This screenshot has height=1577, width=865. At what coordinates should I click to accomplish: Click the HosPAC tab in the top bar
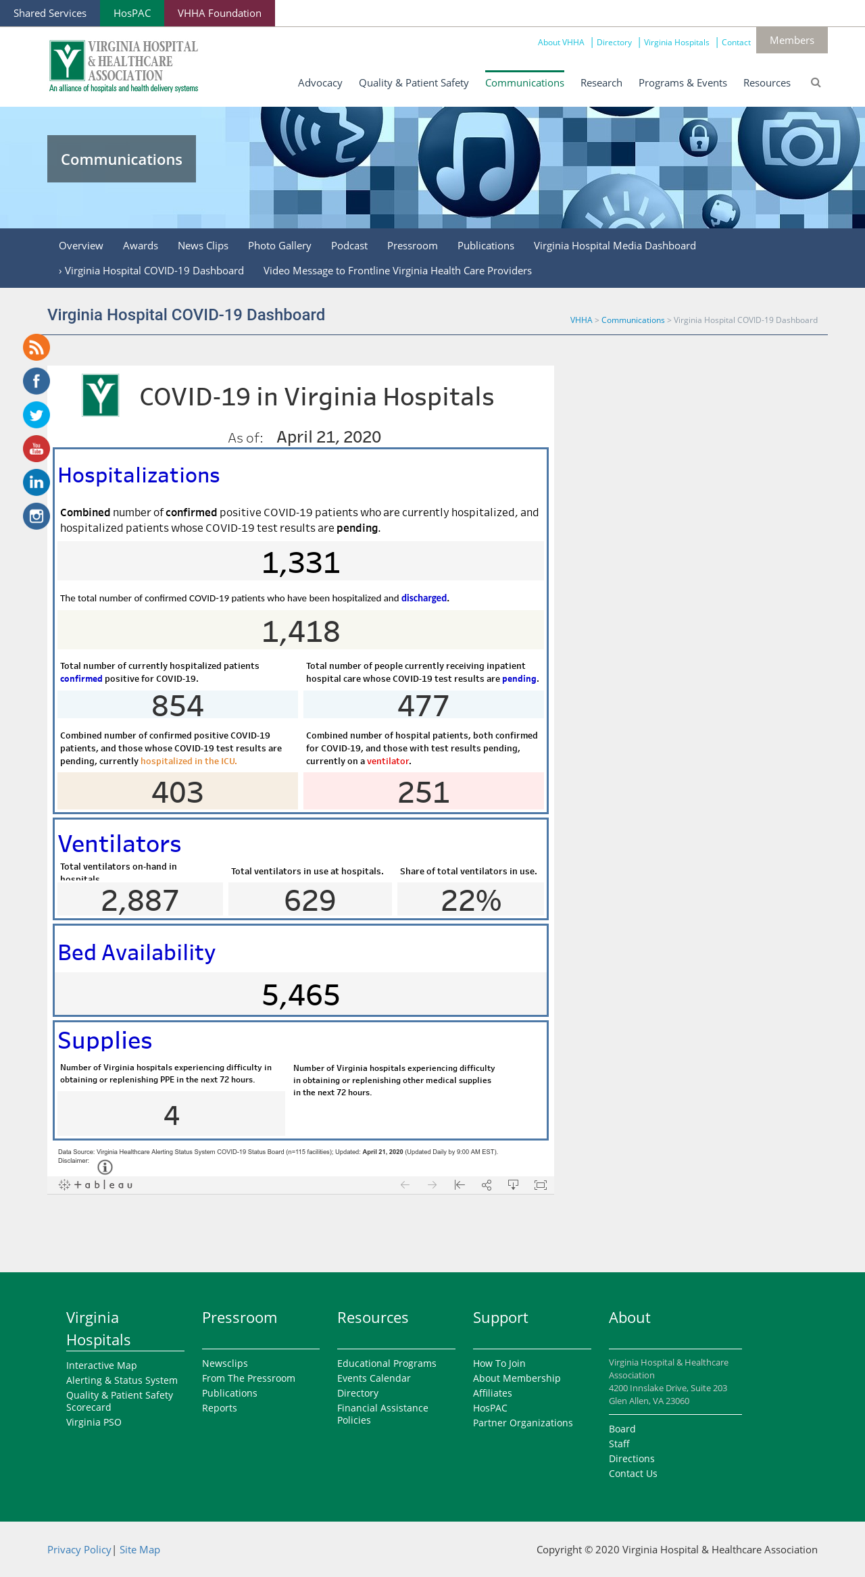pyautogui.click(x=132, y=14)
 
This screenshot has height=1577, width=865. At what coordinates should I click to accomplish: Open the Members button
pyautogui.click(x=791, y=41)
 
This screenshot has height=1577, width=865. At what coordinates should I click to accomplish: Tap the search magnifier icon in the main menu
pyautogui.click(x=816, y=82)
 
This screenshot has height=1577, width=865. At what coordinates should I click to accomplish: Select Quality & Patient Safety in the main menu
pyautogui.click(x=414, y=82)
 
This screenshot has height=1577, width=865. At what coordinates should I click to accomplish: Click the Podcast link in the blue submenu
pyautogui.click(x=349, y=246)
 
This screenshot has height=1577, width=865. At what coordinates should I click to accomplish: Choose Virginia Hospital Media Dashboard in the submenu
pyautogui.click(x=615, y=246)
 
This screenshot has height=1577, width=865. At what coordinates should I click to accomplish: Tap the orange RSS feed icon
pyautogui.click(x=36, y=347)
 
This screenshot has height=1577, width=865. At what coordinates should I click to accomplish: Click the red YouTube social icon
pyautogui.click(x=36, y=449)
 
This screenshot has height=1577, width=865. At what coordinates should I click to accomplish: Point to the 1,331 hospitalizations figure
pyautogui.click(x=301, y=563)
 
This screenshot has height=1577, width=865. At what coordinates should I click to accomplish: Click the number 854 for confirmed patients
pyautogui.click(x=178, y=706)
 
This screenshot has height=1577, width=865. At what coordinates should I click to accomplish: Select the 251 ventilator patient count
pyautogui.click(x=424, y=793)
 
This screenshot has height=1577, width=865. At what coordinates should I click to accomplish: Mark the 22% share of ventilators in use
pyautogui.click(x=471, y=901)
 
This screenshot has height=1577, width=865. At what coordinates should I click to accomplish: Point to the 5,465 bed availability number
pyautogui.click(x=301, y=995)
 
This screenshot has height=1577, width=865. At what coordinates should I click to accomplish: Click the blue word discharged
pyautogui.click(x=424, y=598)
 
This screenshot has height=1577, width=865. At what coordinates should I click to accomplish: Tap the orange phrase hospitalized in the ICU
pyautogui.click(x=188, y=761)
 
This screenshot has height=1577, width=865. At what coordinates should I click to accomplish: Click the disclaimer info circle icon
pyautogui.click(x=105, y=1167)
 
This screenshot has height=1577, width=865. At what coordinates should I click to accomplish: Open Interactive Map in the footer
pyautogui.click(x=101, y=1366)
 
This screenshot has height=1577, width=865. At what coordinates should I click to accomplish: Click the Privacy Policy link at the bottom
pyautogui.click(x=79, y=1550)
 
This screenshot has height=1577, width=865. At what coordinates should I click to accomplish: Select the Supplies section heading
pyautogui.click(x=105, y=1041)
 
